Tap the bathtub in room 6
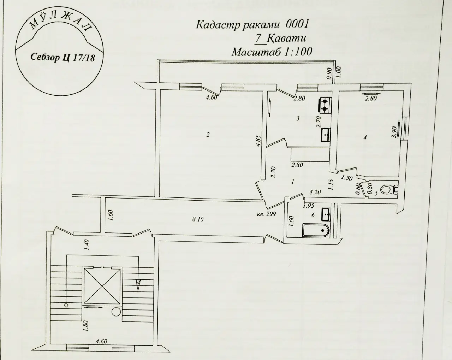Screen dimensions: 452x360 [x=316, y=230]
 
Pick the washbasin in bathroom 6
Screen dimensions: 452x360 [x=326, y=214]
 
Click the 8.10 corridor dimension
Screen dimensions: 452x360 [x=198, y=219]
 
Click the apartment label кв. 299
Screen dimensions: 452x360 [x=266, y=214]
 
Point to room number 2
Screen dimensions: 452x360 [x=208, y=135]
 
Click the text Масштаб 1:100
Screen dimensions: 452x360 [x=272, y=52]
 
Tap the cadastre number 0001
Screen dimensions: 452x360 [x=297, y=24]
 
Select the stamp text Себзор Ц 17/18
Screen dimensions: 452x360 [x=63, y=57]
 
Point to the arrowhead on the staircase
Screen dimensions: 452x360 [x=138, y=284]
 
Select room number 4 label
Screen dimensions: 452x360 [x=365, y=138]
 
